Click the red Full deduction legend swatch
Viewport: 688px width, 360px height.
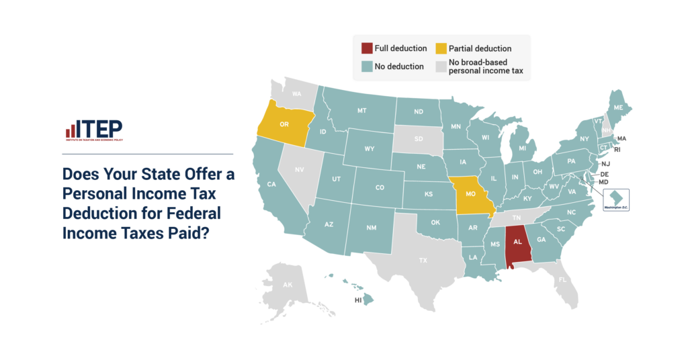click(366, 48)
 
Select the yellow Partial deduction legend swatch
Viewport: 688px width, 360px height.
click(441, 48)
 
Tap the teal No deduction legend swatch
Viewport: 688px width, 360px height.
click(366, 66)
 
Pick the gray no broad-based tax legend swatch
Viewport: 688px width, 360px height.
click(441, 66)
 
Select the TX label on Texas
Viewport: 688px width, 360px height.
click(423, 259)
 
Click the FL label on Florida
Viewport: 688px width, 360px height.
click(562, 279)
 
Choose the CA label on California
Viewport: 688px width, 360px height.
click(272, 184)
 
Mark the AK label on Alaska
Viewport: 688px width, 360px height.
click(288, 285)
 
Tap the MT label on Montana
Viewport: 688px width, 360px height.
click(361, 110)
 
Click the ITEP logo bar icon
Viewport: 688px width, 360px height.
click(70, 130)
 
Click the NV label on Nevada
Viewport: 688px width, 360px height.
click(300, 170)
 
